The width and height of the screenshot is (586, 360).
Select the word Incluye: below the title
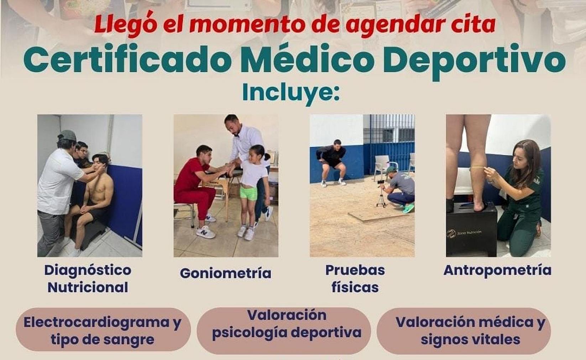pyautogui.click(x=291, y=92)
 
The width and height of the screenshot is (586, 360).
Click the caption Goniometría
pyautogui.click(x=225, y=273)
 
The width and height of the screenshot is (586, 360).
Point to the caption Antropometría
pyautogui.click(x=498, y=270)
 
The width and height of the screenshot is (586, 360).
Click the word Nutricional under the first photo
pyautogui.click(x=88, y=287)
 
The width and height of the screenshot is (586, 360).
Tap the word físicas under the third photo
pyautogui.click(x=355, y=287)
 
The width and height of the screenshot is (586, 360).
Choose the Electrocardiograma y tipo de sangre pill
pyautogui.click(x=103, y=330)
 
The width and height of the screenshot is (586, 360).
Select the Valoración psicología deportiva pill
pyautogui.click(x=284, y=330)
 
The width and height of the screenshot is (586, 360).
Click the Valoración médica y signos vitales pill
pyautogui.click(x=464, y=330)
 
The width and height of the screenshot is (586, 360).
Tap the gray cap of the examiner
pyautogui.click(x=67, y=136)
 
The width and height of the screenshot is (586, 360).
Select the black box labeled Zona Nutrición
pyautogui.click(x=471, y=230)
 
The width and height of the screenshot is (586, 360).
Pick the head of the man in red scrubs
pyautogui.click(x=205, y=155)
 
